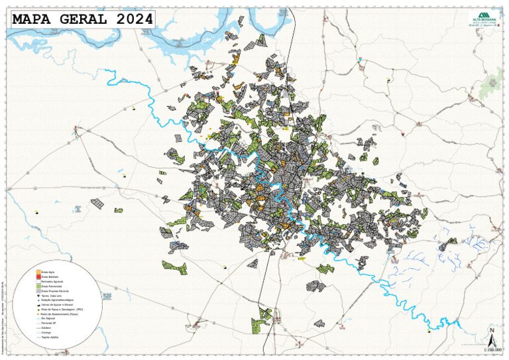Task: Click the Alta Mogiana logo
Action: click(x=482, y=18)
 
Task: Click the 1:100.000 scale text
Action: click(x=492, y=349)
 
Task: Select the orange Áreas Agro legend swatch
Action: click(x=38, y=272)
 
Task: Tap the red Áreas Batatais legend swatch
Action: click(x=38, y=276)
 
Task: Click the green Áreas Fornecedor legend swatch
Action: click(x=38, y=286)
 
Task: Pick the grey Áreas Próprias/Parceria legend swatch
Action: click(x=38, y=290)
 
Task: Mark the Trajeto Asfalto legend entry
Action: click(x=50, y=337)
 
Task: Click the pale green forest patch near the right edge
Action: click(x=492, y=84)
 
